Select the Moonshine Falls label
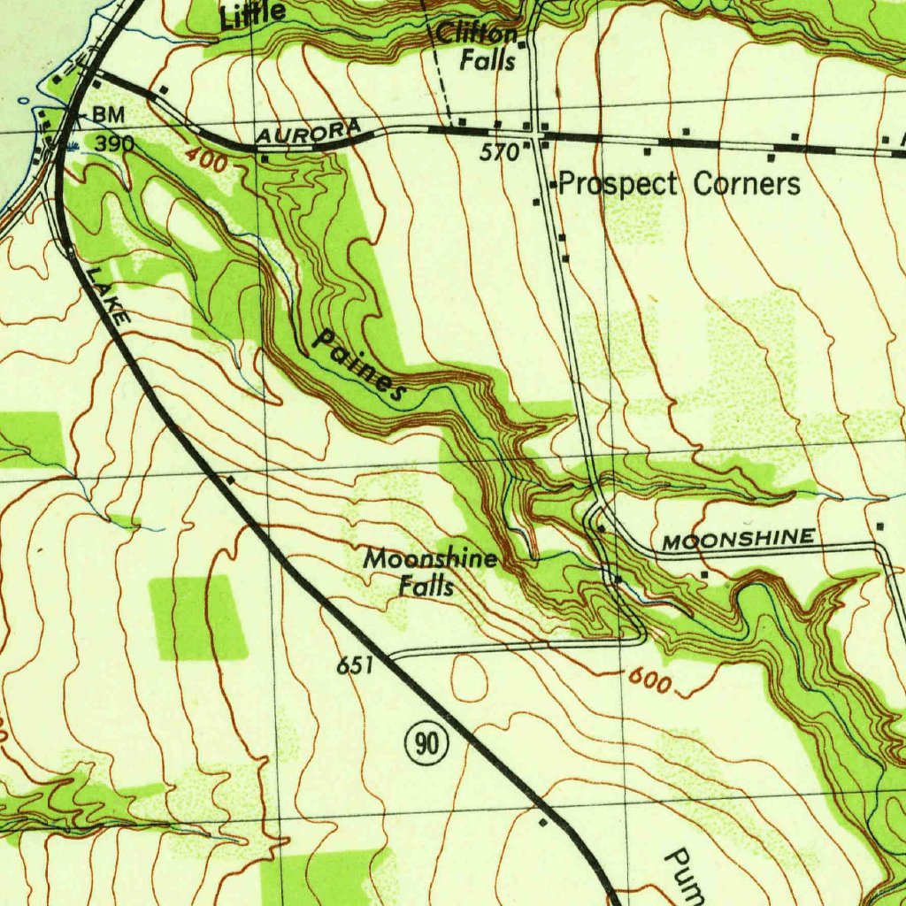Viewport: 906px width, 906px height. [429, 572]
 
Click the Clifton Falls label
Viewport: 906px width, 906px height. [477, 47]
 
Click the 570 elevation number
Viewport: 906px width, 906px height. [498, 152]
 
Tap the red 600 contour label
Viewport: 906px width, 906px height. [652, 680]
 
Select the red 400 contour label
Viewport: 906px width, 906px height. [206, 160]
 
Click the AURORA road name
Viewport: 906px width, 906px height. [309, 132]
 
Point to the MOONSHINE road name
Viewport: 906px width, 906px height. [739, 539]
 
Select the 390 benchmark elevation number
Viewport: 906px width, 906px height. [114, 143]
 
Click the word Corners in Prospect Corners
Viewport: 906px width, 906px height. [747, 184]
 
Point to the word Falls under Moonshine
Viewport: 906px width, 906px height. [426, 586]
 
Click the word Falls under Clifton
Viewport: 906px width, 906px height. [487, 61]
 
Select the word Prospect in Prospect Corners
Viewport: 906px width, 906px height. [618, 184]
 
